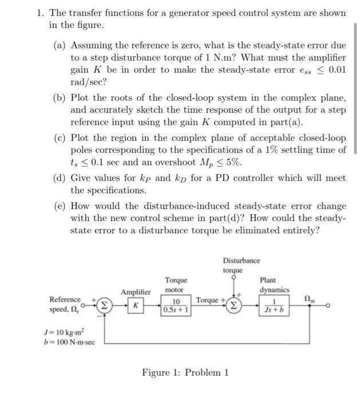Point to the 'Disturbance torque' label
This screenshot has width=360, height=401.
233,265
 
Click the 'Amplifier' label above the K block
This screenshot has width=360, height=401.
135,292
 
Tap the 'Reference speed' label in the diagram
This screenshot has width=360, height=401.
65,304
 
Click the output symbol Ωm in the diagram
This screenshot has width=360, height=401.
309,298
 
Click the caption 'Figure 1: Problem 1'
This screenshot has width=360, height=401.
185,373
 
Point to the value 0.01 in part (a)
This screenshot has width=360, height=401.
336,70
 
